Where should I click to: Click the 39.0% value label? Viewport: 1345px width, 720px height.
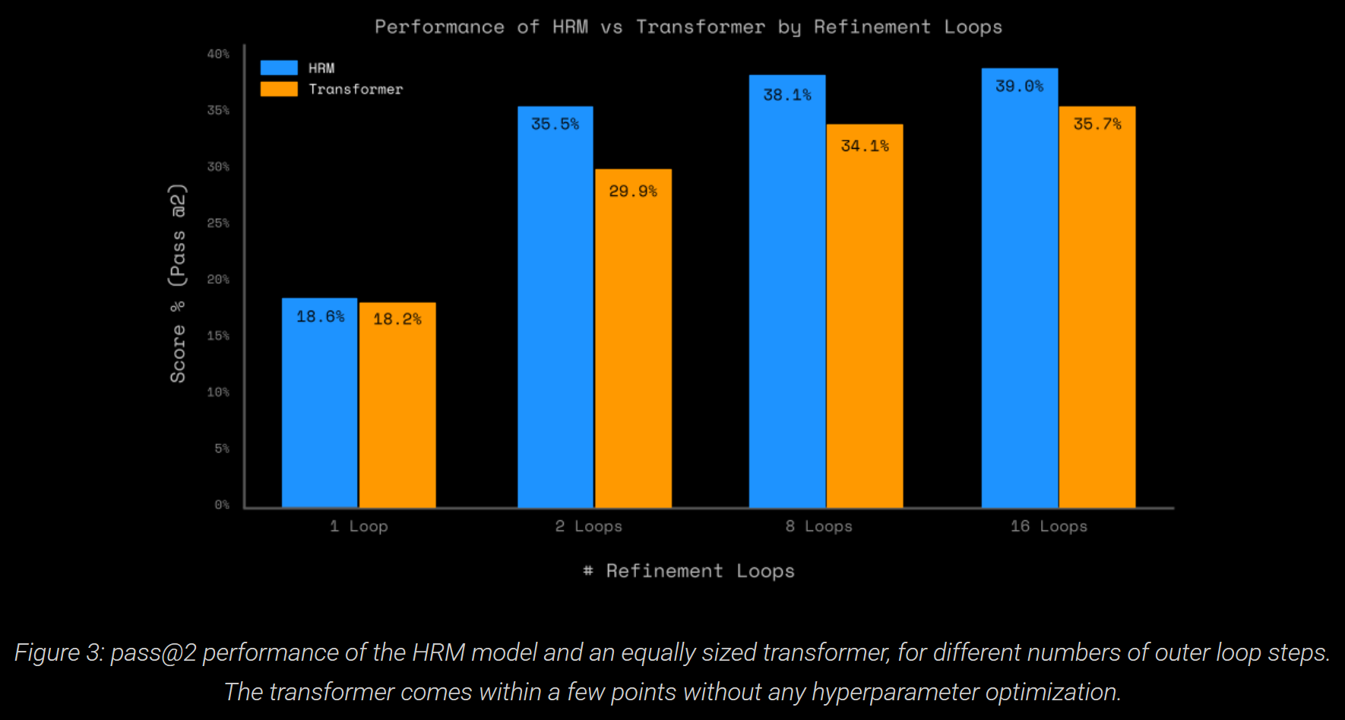1019,87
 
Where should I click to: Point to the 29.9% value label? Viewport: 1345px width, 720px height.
632,191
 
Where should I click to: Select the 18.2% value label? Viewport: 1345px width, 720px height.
397,319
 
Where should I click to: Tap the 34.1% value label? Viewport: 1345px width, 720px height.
865,146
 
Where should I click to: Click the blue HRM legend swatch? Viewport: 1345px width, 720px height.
279,68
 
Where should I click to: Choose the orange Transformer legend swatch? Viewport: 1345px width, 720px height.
279,89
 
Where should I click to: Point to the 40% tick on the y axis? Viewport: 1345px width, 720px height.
218,54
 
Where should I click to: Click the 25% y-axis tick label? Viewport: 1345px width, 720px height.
218,223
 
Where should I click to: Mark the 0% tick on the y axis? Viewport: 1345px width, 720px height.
221,504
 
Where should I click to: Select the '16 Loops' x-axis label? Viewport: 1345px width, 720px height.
1049,526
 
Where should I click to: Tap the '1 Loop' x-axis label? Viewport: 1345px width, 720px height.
359,526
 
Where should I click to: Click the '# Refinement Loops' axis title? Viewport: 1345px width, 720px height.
688,571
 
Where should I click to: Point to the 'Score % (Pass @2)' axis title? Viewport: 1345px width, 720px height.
177,283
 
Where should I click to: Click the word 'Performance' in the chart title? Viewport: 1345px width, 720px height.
439,27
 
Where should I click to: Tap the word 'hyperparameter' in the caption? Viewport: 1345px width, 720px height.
895,692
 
